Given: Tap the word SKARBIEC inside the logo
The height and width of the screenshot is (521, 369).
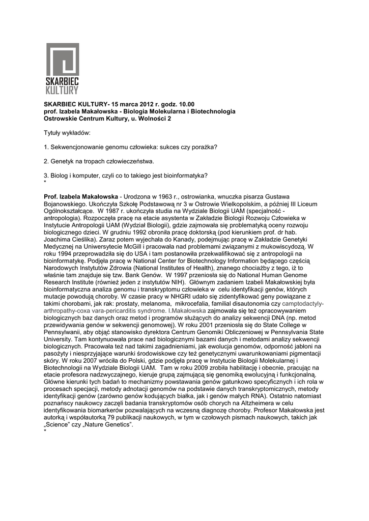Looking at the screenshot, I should pos(63,82).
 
